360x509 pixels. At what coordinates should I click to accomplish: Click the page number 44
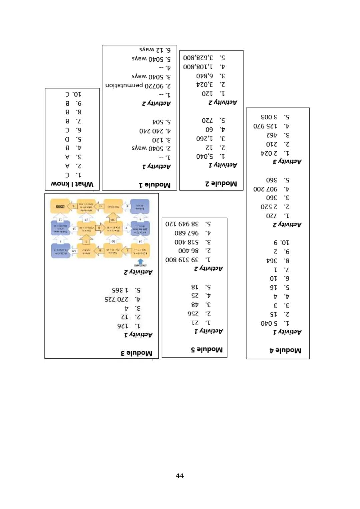180,476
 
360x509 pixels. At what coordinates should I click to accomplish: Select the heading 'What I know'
72,184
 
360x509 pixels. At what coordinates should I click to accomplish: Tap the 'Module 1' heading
155,185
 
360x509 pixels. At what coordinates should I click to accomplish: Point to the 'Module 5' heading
207,349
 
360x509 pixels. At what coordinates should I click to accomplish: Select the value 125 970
265,126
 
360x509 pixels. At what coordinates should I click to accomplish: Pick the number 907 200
265,189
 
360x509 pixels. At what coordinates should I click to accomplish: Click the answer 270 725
116,299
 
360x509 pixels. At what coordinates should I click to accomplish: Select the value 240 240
150,131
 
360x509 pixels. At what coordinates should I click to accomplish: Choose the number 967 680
186,233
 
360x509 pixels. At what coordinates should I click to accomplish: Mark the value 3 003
269,117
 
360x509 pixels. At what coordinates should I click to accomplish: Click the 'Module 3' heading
136,353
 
